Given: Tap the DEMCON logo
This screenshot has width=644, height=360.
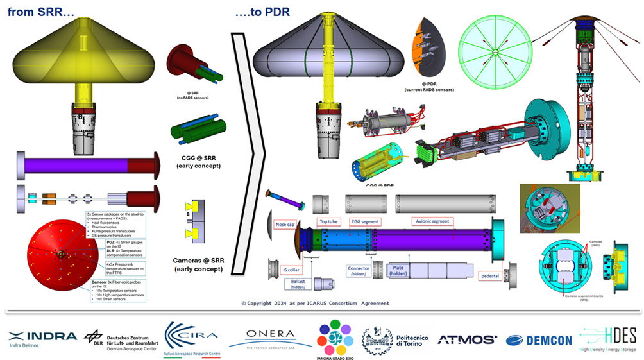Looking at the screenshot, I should coord(539,340).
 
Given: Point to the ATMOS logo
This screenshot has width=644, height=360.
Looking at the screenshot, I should coord(467,339).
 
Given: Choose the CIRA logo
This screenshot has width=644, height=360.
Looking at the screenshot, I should coord(191,337).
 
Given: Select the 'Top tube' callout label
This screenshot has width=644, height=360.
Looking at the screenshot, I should coord(329,221).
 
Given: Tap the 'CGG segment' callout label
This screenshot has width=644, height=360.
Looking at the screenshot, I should coord(364,221).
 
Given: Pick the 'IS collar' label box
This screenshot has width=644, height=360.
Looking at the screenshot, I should coord(278,270).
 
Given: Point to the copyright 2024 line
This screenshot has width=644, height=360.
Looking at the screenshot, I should coord(314,303).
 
